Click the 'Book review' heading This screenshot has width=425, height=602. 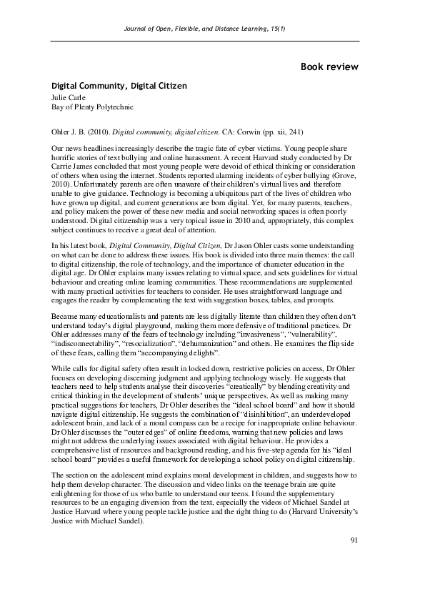coord(329,66)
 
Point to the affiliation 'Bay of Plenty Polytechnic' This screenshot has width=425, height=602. coord(92,107)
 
